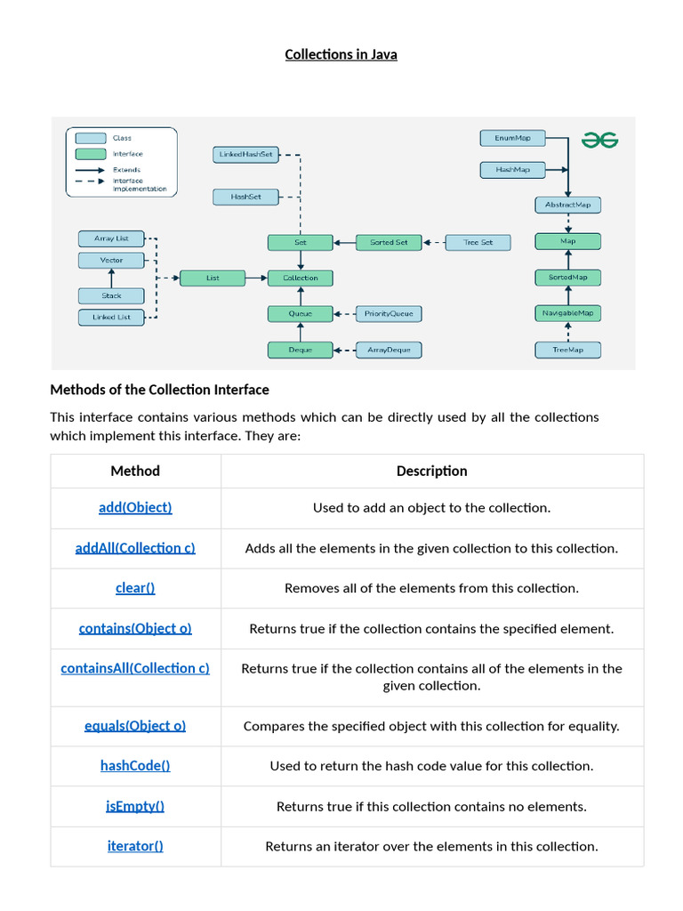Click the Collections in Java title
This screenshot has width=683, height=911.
[x=341, y=54]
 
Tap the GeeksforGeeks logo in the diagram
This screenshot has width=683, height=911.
[x=600, y=140]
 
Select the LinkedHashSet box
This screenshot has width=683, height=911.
[x=245, y=155]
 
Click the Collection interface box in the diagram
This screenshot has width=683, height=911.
[x=301, y=278]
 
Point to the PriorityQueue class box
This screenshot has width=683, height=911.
[x=389, y=314]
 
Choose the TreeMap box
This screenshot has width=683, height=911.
[x=567, y=350]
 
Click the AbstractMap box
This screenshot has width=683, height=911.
[x=567, y=206]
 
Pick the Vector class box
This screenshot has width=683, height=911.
[x=111, y=261]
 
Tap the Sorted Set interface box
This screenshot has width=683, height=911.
[x=389, y=242]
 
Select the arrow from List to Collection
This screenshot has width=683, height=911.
[x=256, y=278]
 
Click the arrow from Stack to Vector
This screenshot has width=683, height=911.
[x=111, y=278]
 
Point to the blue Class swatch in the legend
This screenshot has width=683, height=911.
[x=91, y=138]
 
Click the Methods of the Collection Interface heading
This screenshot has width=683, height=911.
[x=160, y=390]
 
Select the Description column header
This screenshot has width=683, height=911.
[x=432, y=472]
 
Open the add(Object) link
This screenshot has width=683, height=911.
[x=135, y=508]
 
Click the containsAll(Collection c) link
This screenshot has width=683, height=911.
[x=135, y=669]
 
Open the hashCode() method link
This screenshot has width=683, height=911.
[x=135, y=766]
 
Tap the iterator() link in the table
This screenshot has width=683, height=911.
[x=135, y=847]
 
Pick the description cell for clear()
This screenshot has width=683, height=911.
[x=432, y=589]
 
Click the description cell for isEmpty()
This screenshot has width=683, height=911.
[x=432, y=807]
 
